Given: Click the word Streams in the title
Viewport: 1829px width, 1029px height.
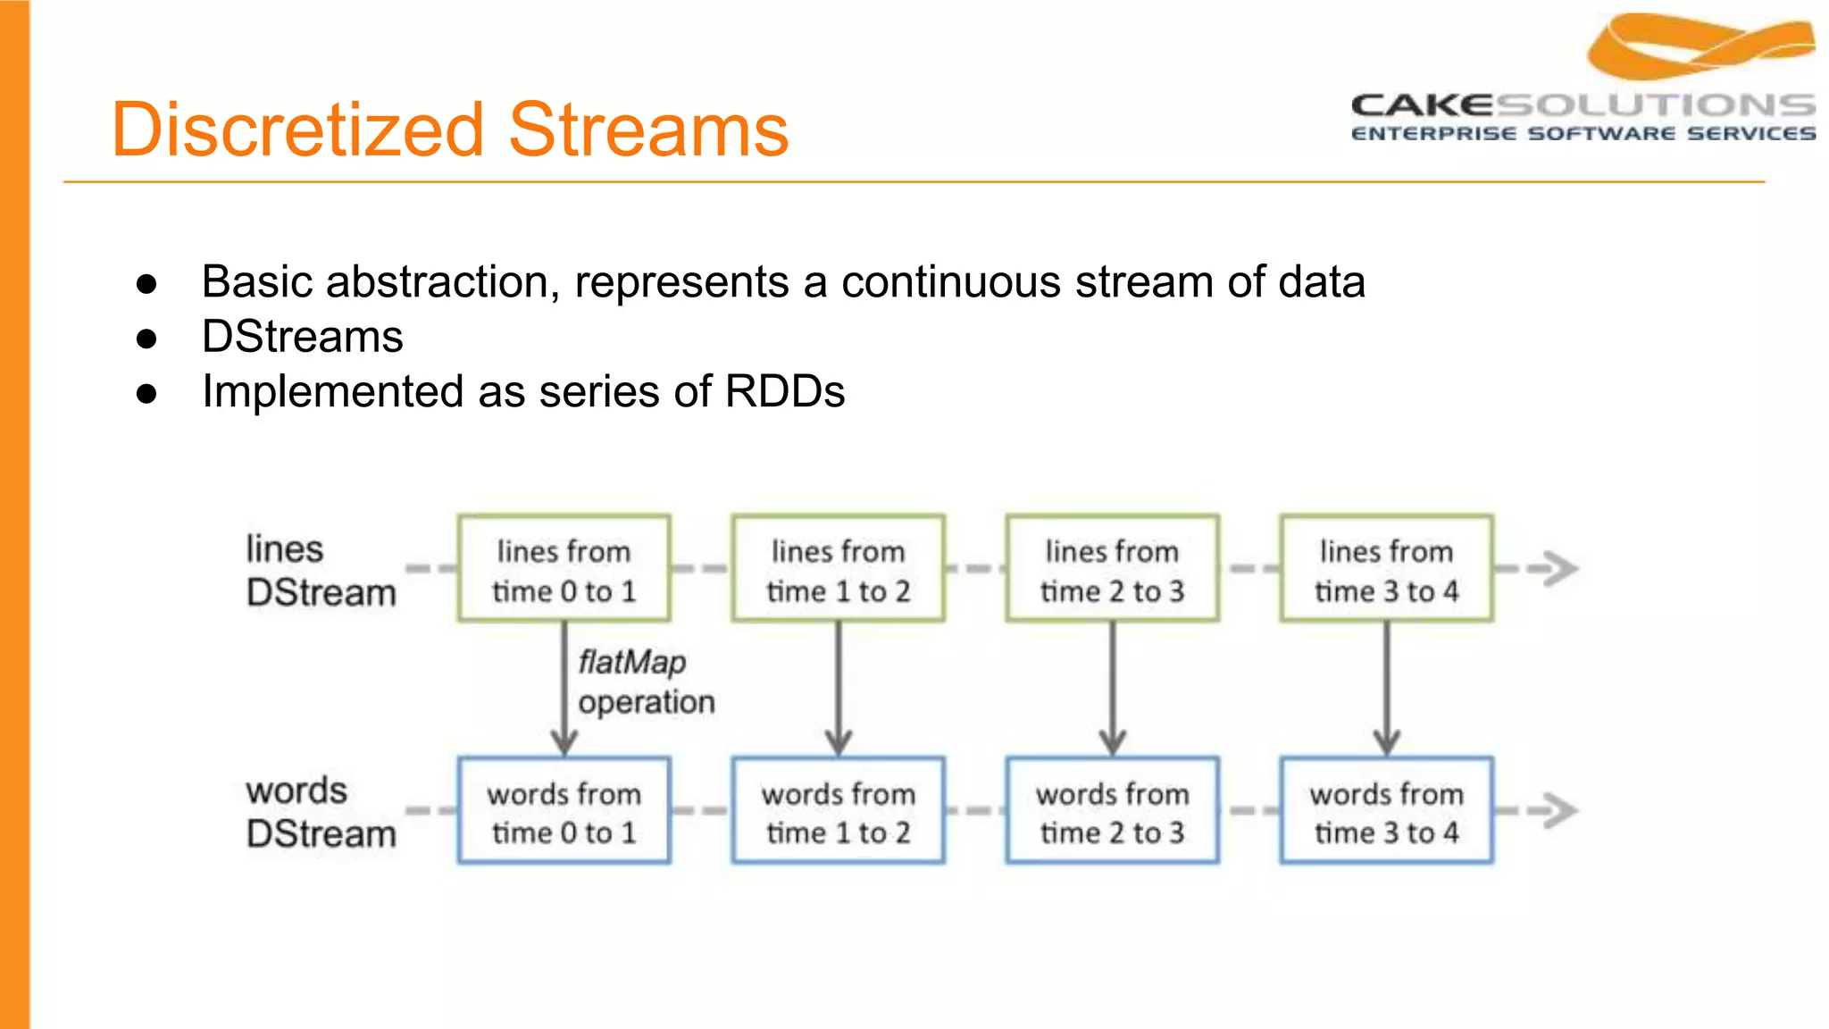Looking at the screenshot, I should pos(648,130).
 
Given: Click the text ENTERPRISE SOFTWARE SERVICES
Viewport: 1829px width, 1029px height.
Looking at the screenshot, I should pos(1583,134).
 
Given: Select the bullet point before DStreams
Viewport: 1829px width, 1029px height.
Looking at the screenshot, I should pos(147,339).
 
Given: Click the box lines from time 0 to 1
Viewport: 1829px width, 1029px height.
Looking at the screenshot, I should pos(564,569).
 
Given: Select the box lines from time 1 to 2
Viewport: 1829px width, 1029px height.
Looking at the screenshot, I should pos(838,569).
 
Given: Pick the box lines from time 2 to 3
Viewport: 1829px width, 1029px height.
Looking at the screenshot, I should pos(1112,569).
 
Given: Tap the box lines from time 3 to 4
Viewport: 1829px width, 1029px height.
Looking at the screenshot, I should pos(1386,569).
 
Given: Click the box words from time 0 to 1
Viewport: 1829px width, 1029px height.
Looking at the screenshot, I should pos(564,811).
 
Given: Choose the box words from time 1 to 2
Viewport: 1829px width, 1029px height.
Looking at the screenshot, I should pos(838,811).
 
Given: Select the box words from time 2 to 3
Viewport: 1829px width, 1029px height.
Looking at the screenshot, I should pos(1112,811).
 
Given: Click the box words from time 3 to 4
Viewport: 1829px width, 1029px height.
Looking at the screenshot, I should pos(1386,811).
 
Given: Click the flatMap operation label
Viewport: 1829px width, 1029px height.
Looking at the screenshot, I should pos(645,682).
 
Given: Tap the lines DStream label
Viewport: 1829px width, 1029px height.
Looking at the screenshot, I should pos(319,571).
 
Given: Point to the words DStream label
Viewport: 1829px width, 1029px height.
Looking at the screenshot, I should pos(319,812).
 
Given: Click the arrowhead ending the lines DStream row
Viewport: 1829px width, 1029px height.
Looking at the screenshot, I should pos(1559,569).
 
